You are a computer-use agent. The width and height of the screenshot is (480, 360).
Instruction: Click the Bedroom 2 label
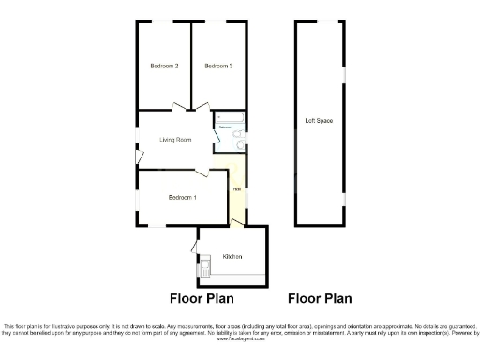tap(164, 66)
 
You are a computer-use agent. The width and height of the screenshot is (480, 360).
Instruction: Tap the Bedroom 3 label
tap(218, 66)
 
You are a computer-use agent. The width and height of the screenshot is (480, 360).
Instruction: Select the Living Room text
tap(175, 140)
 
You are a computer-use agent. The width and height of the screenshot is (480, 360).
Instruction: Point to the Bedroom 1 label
tap(182, 197)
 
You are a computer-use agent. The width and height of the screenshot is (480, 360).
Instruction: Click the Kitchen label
tap(232, 256)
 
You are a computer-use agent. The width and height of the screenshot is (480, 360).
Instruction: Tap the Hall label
tap(237, 191)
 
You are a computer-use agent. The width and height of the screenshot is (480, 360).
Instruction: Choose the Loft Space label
tap(319, 121)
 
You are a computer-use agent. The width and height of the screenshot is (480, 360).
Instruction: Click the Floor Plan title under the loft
tap(319, 299)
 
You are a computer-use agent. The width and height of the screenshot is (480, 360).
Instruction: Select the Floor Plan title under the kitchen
tap(201, 299)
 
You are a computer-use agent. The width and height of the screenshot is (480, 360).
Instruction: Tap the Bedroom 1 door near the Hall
tap(202, 172)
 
